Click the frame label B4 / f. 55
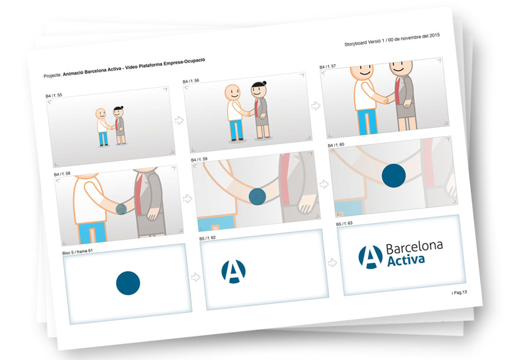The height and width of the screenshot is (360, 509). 53,96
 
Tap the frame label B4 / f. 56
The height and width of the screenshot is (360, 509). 191,81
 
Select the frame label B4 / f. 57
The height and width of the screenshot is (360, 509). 327,67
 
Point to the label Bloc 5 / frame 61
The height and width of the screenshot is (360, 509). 77,252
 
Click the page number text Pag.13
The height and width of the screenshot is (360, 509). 459,292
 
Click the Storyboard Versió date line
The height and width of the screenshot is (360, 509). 392,39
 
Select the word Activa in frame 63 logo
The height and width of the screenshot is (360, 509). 406,260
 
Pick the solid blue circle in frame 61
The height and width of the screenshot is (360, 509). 128,283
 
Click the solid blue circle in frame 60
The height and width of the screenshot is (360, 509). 394,175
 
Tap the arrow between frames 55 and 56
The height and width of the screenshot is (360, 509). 179,120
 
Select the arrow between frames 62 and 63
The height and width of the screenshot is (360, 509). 332,263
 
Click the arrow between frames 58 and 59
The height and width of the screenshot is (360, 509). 187,198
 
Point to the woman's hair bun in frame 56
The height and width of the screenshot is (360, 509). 264,83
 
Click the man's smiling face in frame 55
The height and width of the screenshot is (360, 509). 101,114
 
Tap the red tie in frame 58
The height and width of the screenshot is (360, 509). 139,193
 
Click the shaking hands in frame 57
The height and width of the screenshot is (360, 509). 386,99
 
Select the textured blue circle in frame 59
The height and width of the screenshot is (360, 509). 257,197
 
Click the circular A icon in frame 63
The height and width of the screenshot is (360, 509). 370,257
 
